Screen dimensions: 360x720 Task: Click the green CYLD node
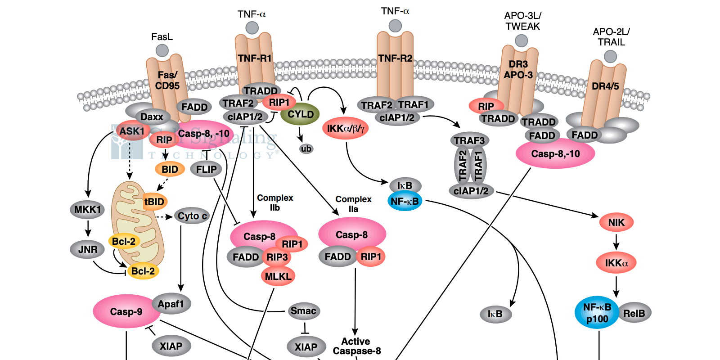coord(300,114)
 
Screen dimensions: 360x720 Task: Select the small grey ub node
coord(306,148)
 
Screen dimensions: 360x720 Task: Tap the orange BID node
coord(170,169)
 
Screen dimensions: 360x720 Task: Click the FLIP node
coord(206,169)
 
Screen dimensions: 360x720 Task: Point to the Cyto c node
coord(192,216)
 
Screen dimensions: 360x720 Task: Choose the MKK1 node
coord(87,209)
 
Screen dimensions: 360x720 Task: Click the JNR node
coord(88,249)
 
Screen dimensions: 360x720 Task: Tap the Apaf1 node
coord(171,304)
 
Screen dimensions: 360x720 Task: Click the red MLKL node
coord(278,276)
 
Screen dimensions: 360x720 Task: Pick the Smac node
coord(303,310)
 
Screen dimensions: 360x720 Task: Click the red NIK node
coord(616,222)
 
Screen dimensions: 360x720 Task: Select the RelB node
coord(634,313)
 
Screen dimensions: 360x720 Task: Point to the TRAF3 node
coord(469,140)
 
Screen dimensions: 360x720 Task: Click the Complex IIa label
coord(353,204)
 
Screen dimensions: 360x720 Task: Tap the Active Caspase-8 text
coord(356,346)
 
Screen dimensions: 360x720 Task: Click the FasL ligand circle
coord(162,50)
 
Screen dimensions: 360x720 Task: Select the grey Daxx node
coord(152,117)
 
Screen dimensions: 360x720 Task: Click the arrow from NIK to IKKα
coord(616,243)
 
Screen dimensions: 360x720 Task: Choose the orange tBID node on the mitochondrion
coord(154,202)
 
